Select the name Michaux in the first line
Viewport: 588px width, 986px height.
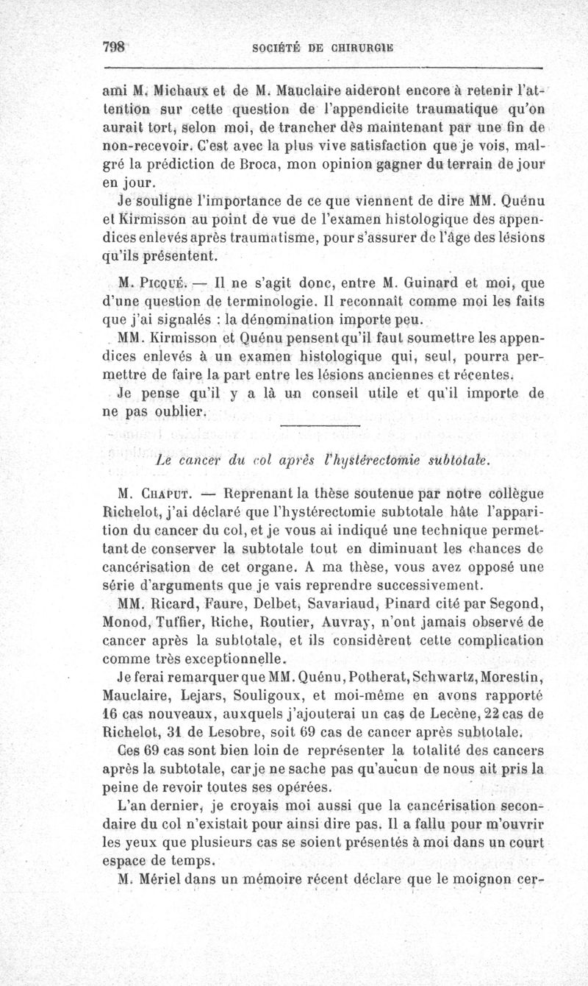click(x=171, y=93)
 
